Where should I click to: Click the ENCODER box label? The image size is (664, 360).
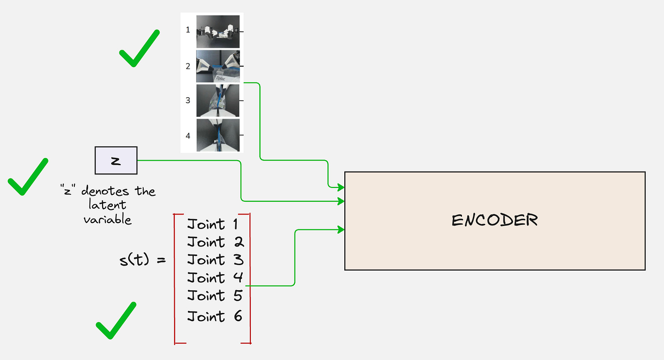[494, 221]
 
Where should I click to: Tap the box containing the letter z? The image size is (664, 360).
[116, 160]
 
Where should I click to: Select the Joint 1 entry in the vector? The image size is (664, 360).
[213, 224]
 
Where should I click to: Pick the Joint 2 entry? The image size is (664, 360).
[215, 242]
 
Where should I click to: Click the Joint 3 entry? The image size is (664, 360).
[215, 260]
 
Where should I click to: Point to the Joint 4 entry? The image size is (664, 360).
[215, 277]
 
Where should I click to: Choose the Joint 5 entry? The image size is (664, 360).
[215, 296]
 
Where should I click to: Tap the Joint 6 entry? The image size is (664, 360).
[215, 316]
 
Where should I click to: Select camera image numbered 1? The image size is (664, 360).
[218, 31]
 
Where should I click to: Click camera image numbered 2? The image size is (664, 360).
[218, 66]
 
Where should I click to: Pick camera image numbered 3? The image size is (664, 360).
[218, 100]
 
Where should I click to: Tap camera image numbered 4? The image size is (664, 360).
[218, 135]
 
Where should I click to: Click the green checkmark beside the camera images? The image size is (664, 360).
[138, 49]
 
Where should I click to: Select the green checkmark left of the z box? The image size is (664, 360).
[27, 177]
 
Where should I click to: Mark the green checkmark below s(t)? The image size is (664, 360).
[115, 321]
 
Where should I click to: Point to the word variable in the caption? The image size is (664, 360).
[108, 219]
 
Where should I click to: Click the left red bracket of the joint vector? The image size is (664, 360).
[176, 278]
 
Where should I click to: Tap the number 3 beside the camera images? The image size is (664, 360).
[188, 100]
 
